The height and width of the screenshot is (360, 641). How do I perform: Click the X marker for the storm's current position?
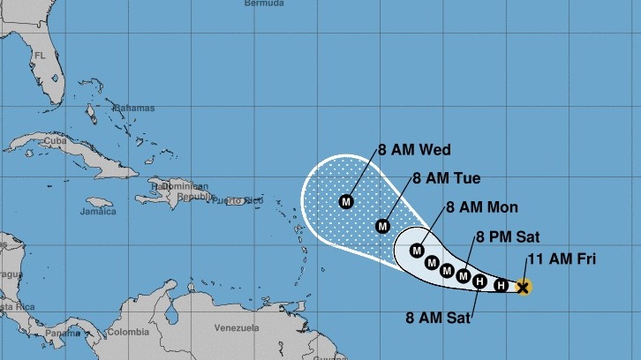tap(523, 287)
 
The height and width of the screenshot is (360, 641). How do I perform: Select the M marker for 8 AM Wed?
tap(346, 202)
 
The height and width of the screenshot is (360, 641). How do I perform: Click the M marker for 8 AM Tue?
tap(382, 225)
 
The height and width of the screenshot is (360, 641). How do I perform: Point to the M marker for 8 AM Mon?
tap(417, 251)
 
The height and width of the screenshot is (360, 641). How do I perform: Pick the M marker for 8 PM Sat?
tap(463, 275)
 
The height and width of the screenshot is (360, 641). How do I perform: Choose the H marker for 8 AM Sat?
tap(479, 282)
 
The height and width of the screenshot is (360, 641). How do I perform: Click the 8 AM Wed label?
tap(414, 149)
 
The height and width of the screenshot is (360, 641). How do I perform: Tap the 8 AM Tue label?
tap(447, 178)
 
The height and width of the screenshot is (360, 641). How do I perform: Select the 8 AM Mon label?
tap(482, 207)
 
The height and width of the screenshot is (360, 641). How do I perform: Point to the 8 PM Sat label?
tap(507, 236)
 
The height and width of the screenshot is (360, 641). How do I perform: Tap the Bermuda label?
tap(264, 4)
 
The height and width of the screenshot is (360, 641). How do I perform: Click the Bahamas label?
tap(135, 108)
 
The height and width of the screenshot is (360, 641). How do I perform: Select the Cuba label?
tap(55, 141)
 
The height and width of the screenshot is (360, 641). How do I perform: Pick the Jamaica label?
tap(98, 212)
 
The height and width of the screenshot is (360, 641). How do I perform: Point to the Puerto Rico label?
tap(245, 201)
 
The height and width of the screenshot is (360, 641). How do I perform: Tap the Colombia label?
tap(129, 333)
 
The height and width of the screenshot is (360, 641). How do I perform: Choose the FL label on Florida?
tap(39, 55)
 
